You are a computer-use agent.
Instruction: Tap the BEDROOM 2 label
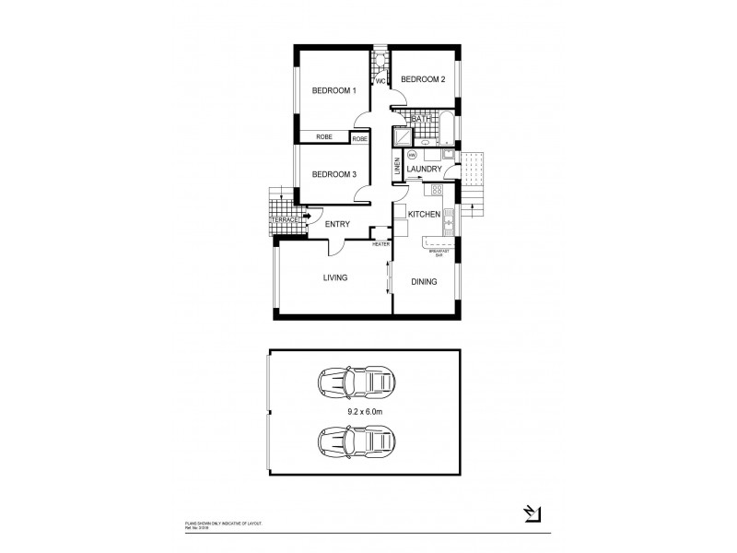pyautogui.click(x=424, y=80)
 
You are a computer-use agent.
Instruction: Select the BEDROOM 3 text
pyautogui.click(x=333, y=174)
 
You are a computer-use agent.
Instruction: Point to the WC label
pyautogui.click(x=380, y=82)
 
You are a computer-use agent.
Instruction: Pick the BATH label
pyautogui.click(x=422, y=119)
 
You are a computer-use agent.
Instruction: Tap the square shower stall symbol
pyautogui.click(x=403, y=136)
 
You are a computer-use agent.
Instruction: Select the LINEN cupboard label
pyautogui.click(x=398, y=168)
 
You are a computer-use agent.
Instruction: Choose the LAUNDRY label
pyautogui.click(x=424, y=170)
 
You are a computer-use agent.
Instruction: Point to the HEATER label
pyautogui.click(x=380, y=244)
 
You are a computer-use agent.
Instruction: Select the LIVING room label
pyautogui.click(x=334, y=276)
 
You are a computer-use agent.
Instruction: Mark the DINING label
pyautogui.click(x=424, y=282)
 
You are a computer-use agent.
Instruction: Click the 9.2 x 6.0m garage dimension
pyautogui.click(x=366, y=412)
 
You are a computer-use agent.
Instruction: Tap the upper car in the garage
pyautogui.click(x=357, y=381)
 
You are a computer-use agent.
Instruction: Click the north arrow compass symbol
pyautogui.click(x=532, y=512)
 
